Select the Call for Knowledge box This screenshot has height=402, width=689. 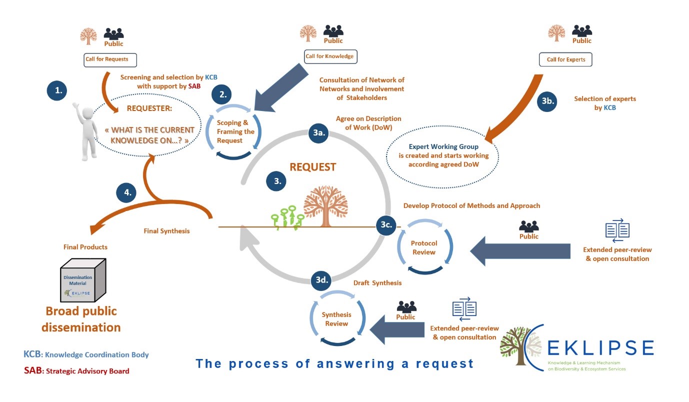pyautogui.click(x=329, y=56)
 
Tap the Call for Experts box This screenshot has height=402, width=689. pyautogui.click(x=565, y=60)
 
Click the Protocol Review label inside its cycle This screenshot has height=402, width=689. pyautogui.click(x=424, y=248)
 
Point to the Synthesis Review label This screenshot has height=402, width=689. pyautogui.click(x=336, y=319)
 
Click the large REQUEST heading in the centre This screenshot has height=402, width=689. pyautogui.click(x=312, y=166)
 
